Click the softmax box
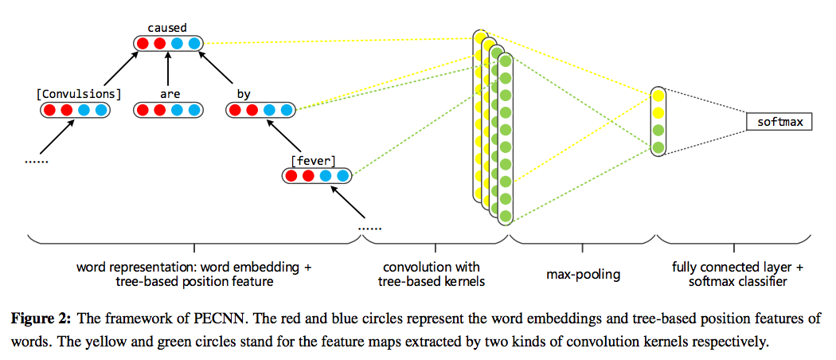click(779, 122)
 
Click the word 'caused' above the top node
click(167, 28)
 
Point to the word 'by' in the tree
click(244, 94)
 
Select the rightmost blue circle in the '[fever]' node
click(343, 175)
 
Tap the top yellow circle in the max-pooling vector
click(658, 96)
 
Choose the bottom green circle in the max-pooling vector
click(658, 147)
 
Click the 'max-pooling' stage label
click(583, 275)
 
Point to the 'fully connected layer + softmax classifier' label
click(735, 274)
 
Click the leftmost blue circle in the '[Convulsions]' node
click(84, 109)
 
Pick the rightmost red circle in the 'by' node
click(252, 109)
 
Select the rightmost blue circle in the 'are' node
click(194, 109)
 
